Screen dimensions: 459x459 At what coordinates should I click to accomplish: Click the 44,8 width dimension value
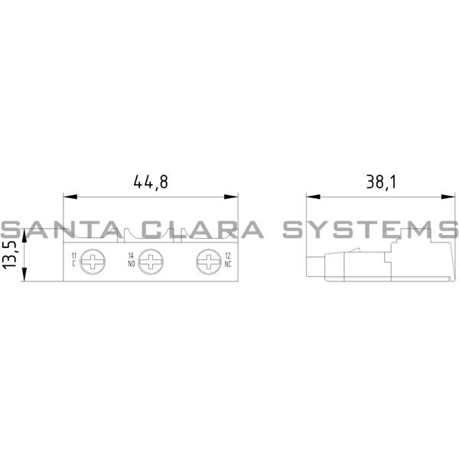click(x=150, y=182)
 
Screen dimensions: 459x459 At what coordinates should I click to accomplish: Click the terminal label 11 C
click(x=73, y=259)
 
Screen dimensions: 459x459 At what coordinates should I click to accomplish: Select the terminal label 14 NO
click(x=132, y=259)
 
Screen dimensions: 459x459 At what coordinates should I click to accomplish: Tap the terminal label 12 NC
click(x=227, y=259)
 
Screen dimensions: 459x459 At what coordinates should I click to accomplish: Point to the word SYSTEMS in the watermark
click(x=369, y=229)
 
